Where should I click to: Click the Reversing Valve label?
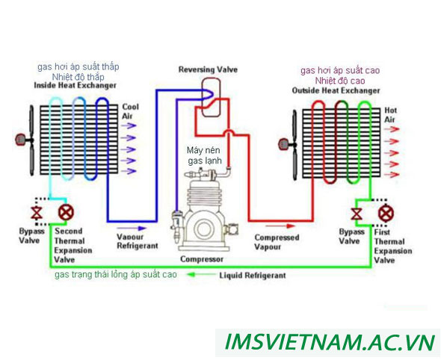coord(207,69)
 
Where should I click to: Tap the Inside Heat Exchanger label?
coord(75,86)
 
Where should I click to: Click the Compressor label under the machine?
coord(201,259)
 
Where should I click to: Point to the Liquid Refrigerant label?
coord(252,275)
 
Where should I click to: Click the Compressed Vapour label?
coord(277,242)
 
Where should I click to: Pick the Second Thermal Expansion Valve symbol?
coord(65,212)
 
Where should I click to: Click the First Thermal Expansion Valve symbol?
coord(386,214)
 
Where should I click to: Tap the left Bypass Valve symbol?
coord(32,212)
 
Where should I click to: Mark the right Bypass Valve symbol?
coord(357,214)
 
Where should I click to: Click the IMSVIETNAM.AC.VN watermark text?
coord(330,343)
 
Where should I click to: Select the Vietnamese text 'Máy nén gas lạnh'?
coord(203,155)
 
